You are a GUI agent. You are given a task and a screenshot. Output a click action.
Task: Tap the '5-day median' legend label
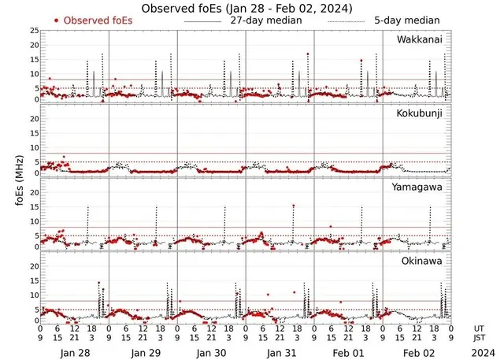pyautogui.click(x=399, y=20)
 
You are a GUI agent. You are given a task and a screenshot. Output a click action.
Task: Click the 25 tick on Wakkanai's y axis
pyautogui.click(x=33, y=31)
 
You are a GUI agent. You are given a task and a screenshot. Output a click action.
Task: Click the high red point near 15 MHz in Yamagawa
pyautogui.click(x=294, y=206)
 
